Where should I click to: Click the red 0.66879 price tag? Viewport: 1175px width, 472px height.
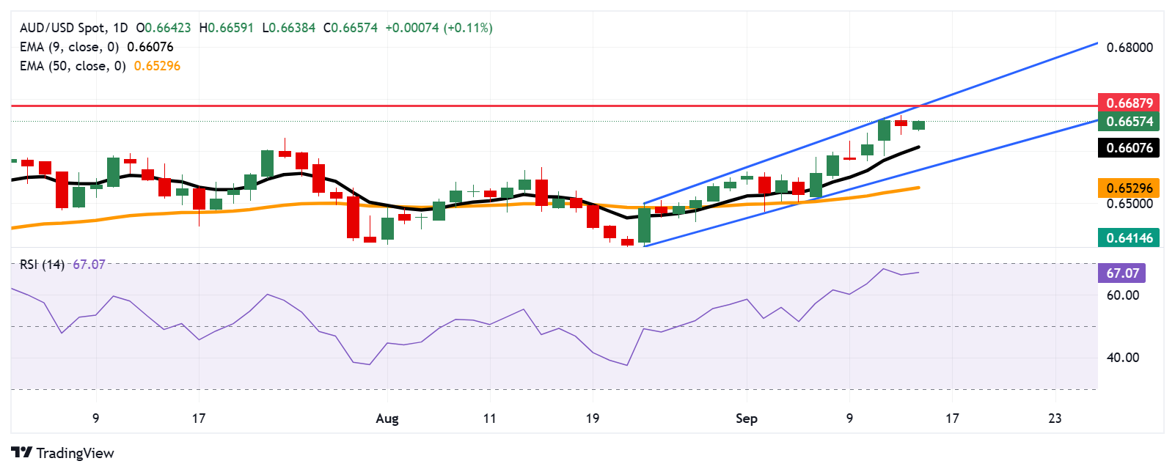click(x=1129, y=103)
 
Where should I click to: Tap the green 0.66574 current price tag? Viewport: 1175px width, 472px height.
click(x=1129, y=122)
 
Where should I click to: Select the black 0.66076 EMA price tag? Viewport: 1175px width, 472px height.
click(x=1129, y=148)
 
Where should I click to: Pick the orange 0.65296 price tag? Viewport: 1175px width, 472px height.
click(x=1129, y=188)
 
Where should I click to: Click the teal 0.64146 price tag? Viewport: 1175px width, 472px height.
click(x=1129, y=237)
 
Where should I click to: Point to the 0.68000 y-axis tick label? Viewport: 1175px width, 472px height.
click(x=1130, y=48)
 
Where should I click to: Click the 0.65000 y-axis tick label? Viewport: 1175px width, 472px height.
click(x=1130, y=203)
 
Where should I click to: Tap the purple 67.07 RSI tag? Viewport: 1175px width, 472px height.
click(x=1122, y=273)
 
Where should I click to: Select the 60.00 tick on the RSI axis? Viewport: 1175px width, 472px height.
click(x=1122, y=295)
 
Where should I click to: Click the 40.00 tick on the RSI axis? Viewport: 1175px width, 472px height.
click(x=1122, y=358)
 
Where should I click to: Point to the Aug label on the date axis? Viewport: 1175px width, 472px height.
click(x=387, y=418)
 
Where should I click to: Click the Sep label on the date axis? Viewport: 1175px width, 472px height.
click(x=746, y=418)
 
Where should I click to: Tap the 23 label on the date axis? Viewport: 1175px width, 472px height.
click(x=1055, y=418)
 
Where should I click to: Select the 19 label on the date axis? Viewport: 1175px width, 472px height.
click(x=592, y=418)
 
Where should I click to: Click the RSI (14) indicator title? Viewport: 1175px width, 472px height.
click(x=42, y=265)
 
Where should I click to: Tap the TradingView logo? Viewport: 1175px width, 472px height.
click(x=63, y=453)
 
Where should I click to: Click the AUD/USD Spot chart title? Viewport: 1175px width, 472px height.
click(x=62, y=28)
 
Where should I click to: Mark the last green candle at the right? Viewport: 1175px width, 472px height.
click(x=918, y=125)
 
